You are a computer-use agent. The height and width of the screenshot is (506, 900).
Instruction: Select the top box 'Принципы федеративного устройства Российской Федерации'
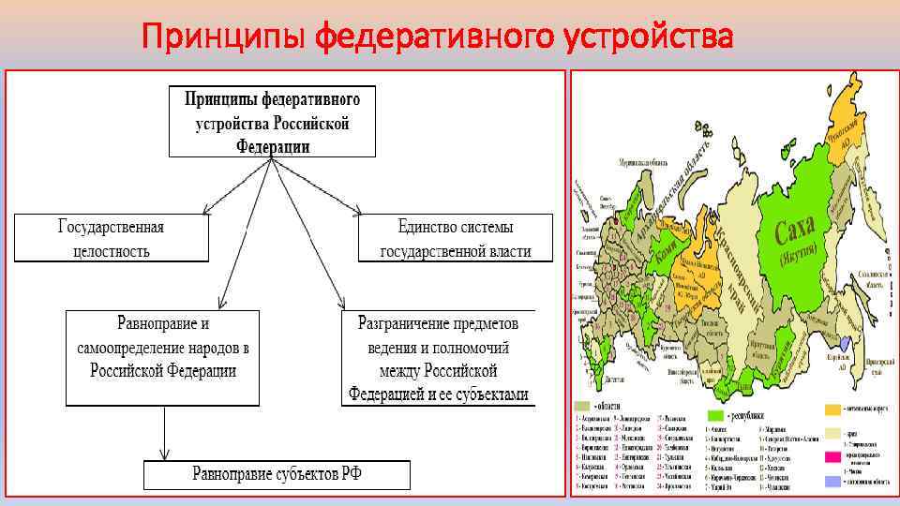coord(272,121)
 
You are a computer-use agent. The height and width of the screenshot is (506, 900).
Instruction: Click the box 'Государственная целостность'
coord(110,239)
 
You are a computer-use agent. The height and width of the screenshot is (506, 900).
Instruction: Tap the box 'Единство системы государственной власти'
coord(455,239)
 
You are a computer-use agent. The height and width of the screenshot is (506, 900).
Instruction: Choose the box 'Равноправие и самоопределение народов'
coord(163,358)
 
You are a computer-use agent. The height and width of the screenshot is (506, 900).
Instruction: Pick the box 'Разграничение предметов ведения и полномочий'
coord(439,358)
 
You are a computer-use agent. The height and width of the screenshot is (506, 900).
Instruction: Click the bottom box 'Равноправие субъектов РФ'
coord(277,474)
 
